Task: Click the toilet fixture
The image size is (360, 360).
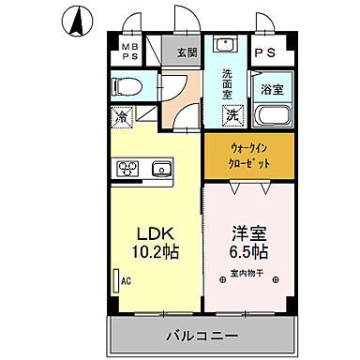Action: pos(128,87)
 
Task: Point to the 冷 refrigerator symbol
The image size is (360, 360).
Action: pos(122,117)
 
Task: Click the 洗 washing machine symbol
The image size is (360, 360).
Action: pos(230,116)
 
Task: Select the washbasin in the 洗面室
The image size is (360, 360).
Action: pos(224,47)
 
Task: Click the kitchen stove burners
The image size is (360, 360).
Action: pos(127,170)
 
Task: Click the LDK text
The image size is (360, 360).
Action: pos(155,232)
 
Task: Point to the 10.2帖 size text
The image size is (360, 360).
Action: pos(155,251)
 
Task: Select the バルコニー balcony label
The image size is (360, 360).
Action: pos(202,335)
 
